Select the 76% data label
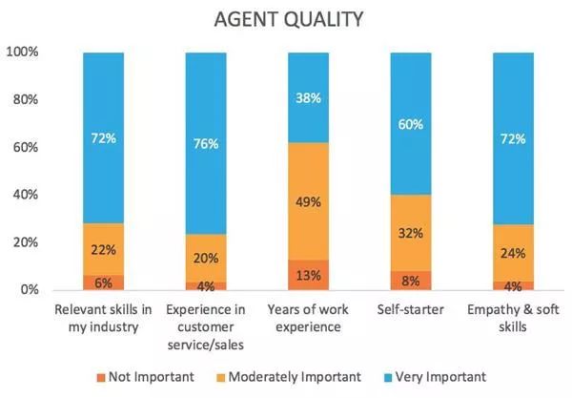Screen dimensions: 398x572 point(205,144)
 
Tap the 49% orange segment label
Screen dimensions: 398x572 point(308,202)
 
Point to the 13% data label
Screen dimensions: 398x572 point(308,275)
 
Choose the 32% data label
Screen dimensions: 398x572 point(411,233)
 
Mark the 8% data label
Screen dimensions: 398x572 point(411,281)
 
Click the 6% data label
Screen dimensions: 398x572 point(103,283)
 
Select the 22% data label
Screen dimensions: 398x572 point(103,249)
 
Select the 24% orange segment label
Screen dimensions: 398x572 point(513,254)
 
